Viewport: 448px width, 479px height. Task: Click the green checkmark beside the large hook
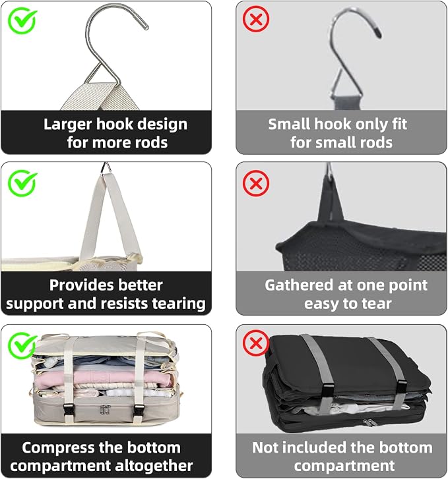[22, 20]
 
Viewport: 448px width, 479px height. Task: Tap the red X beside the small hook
[256, 19]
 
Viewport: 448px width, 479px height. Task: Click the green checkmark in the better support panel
[22, 183]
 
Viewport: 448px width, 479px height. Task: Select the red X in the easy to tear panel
[256, 183]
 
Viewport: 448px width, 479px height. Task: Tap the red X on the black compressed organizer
[256, 343]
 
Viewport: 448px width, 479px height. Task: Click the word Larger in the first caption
[67, 125]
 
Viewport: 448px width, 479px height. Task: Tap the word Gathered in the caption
[299, 285]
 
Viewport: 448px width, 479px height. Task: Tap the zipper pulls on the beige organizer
[105, 410]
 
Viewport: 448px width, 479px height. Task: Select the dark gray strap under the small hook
[346, 102]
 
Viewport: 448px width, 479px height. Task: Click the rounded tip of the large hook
[146, 26]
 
